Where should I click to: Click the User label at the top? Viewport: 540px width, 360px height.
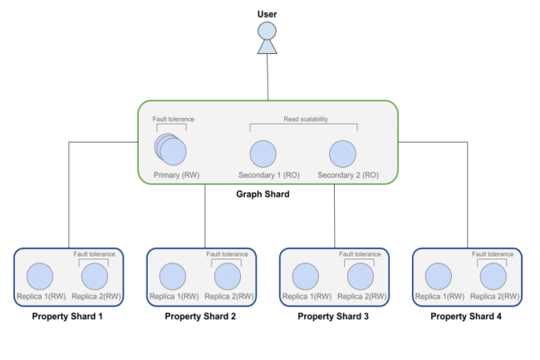[x=267, y=14]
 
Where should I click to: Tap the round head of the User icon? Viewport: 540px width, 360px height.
[x=267, y=31]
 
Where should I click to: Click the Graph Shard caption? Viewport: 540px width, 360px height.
[x=263, y=194]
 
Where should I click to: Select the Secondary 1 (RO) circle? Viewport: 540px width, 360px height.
[x=263, y=154]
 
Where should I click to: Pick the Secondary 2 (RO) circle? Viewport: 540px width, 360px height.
[x=342, y=154]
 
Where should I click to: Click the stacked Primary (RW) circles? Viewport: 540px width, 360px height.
[x=170, y=150]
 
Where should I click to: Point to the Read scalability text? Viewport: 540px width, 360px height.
[x=306, y=119]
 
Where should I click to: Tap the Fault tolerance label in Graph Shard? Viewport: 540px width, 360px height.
[x=174, y=119]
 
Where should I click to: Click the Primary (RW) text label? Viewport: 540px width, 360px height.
[x=177, y=175]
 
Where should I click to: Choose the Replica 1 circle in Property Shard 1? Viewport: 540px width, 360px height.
[x=40, y=276]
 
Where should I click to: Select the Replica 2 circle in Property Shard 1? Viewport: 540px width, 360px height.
[x=95, y=276]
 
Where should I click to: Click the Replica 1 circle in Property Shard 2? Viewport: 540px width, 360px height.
[x=173, y=276]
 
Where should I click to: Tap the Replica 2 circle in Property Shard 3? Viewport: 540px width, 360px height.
[x=361, y=276]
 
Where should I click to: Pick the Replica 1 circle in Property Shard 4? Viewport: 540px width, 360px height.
[x=439, y=276]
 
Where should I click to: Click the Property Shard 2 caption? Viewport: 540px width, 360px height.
[x=200, y=316]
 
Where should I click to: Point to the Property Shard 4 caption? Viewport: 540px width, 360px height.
[x=466, y=316]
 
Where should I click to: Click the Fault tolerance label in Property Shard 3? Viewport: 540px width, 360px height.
[x=360, y=254]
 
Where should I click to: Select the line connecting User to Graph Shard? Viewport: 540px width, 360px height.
[x=268, y=77]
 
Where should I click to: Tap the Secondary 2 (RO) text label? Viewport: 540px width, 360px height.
[x=348, y=175]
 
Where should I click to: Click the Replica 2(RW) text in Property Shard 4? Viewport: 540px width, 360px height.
[x=495, y=296]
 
